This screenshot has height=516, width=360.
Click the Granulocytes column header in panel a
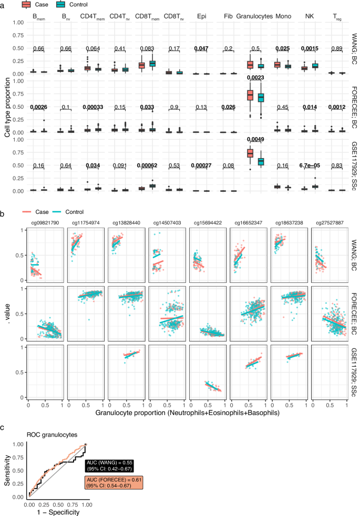tap(254, 16)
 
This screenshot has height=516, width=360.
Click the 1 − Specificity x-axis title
tap(57, 511)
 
